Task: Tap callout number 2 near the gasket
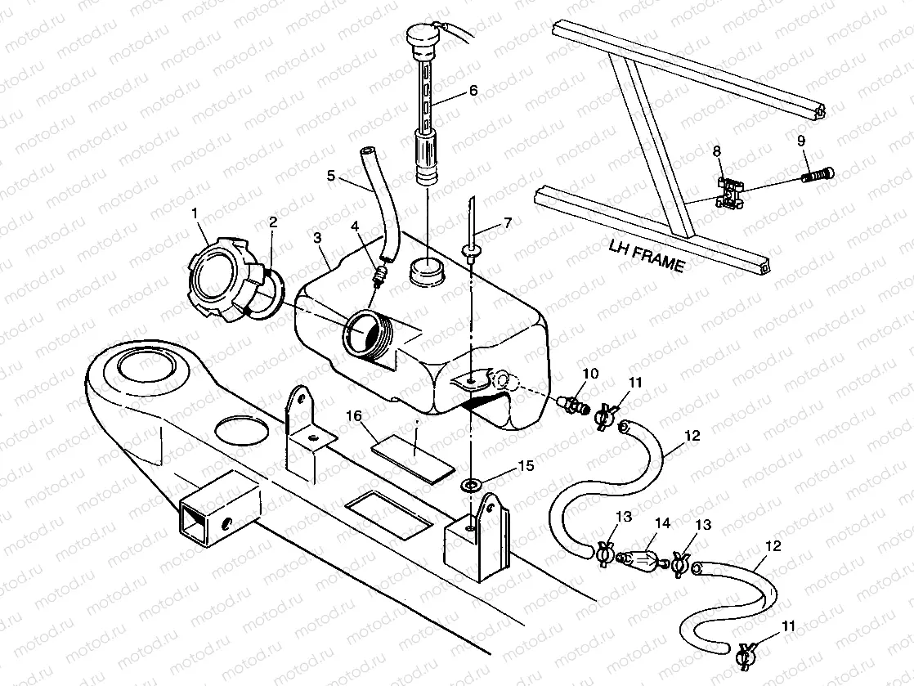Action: coord(273,222)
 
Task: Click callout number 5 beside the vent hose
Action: coord(331,175)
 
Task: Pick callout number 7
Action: coord(507,222)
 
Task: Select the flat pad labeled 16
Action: coord(412,455)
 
